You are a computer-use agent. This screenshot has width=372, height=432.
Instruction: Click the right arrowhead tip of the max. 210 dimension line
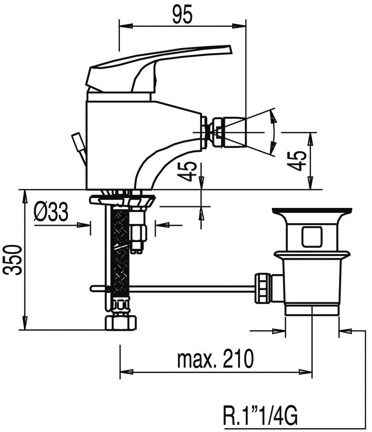(312, 372)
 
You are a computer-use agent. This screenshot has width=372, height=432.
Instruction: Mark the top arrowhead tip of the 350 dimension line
(25, 190)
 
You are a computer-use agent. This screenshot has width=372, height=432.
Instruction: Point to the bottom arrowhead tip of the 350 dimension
(25, 330)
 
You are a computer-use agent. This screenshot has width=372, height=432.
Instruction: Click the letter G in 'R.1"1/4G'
(290, 417)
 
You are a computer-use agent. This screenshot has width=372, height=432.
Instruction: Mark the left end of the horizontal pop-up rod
(90, 288)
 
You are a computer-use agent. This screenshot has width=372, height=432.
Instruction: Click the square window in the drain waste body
(312, 237)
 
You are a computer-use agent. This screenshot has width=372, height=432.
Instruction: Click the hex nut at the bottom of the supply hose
(121, 323)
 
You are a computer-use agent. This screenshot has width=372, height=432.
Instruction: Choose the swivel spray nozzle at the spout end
(229, 132)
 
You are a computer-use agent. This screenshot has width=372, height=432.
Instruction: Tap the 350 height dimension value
(12, 259)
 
